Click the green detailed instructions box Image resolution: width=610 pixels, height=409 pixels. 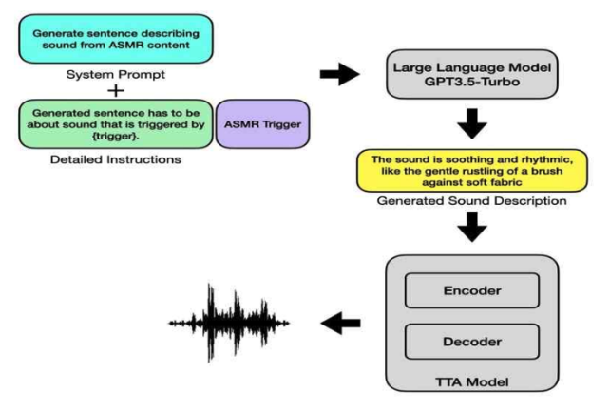(x=116, y=124)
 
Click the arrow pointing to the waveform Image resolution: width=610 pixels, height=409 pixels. (x=343, y=325)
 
